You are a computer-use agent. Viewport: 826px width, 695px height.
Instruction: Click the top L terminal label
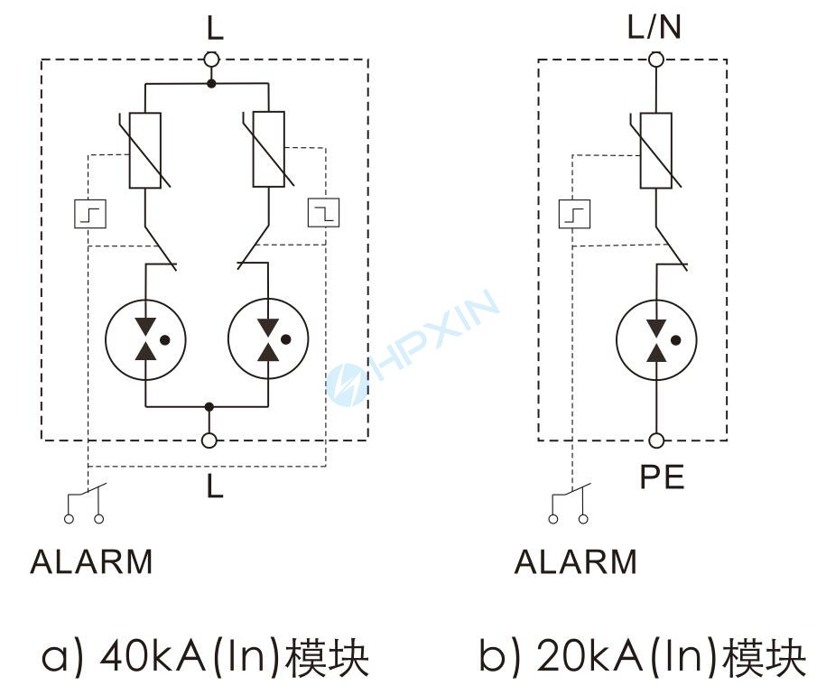pyautogui.click(x=214, y=28)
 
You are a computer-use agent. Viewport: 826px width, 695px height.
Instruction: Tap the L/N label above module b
pyautogui.click(x=654, y=28)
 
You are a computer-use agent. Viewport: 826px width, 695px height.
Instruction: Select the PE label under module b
pyautogui.click(x=662, y=477)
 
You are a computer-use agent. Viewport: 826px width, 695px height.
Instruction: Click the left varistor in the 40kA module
pyautogui.click(x=145, y=150)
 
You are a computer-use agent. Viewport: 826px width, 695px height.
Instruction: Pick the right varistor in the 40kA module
pyautogui.click(x=269, y=149)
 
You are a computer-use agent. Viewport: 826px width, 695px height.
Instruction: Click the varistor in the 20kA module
pyautogui.click(x=656, y=150)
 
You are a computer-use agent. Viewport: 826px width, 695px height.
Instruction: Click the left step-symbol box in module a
pyautogui.click(x=90, y=214)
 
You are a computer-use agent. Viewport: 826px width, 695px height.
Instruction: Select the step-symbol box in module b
pyautogui.click(x=574, y=214)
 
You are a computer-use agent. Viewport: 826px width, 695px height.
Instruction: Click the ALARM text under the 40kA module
pyautogui.click(x=91, y=561)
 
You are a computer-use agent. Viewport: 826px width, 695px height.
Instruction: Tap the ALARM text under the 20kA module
pyautogui.click(x=575, y=561)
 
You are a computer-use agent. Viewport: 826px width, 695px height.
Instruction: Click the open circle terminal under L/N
pyautogui.click(x=656, y=60)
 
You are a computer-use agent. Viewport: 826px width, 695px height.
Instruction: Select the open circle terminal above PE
pyautogui.click(x=656, y=440)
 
